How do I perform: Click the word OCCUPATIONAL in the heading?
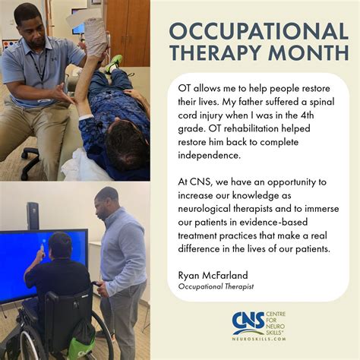(258, 31)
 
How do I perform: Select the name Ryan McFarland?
(213, 275)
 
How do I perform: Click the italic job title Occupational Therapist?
(216, 286)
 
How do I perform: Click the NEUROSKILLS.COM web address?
(259, 339)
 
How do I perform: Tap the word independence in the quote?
(208, 155)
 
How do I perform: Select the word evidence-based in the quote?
(273, 222)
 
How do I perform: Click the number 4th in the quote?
(307, 115)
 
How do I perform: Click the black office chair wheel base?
(30, 163)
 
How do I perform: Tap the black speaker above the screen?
(33, 216)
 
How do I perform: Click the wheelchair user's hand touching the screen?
(40, 251)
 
